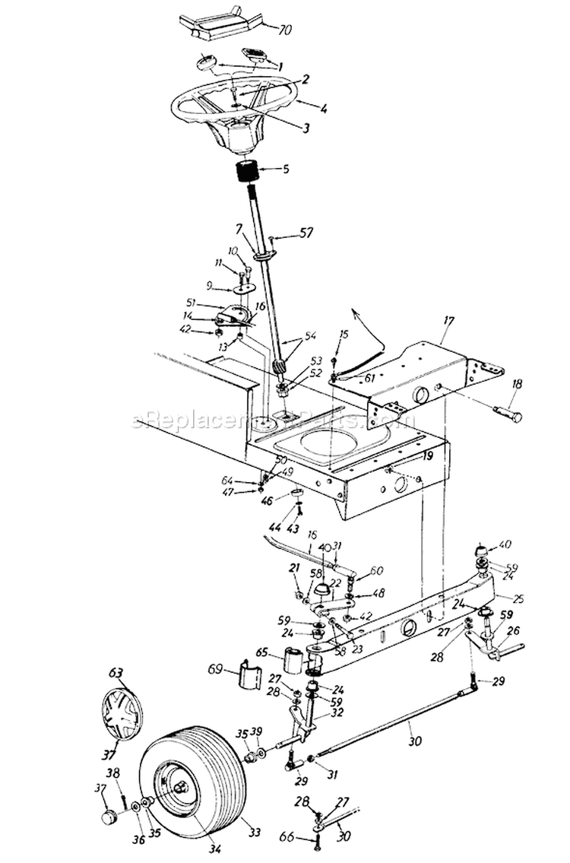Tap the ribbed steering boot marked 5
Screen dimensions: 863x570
(246, 173)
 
